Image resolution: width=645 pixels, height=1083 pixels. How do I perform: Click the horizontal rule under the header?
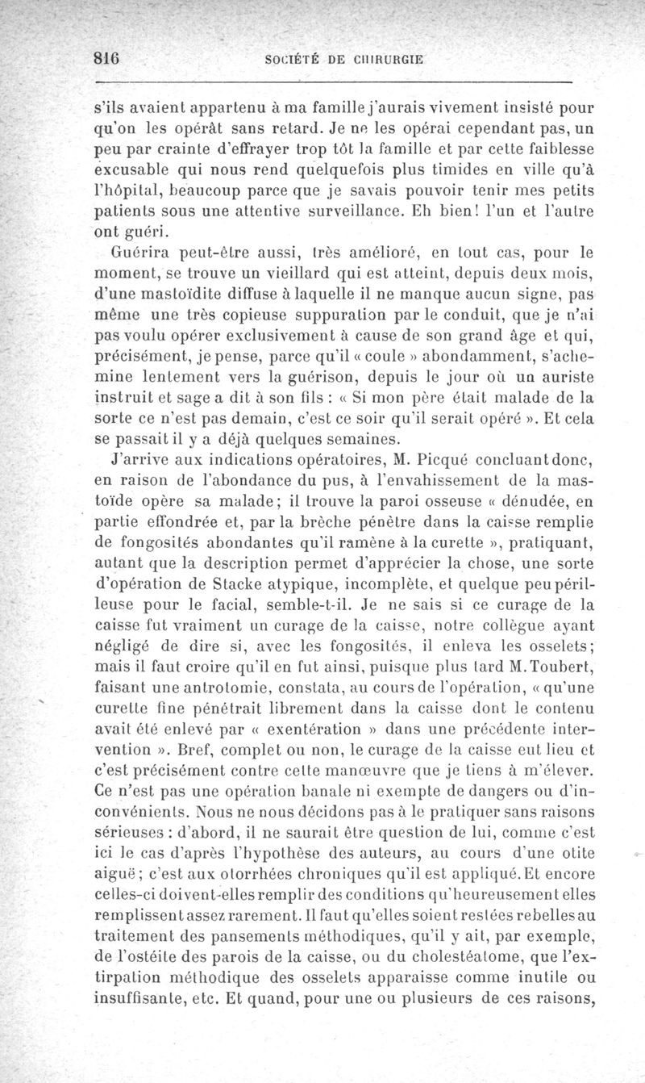pyautogui.click(x=332, y=82)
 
